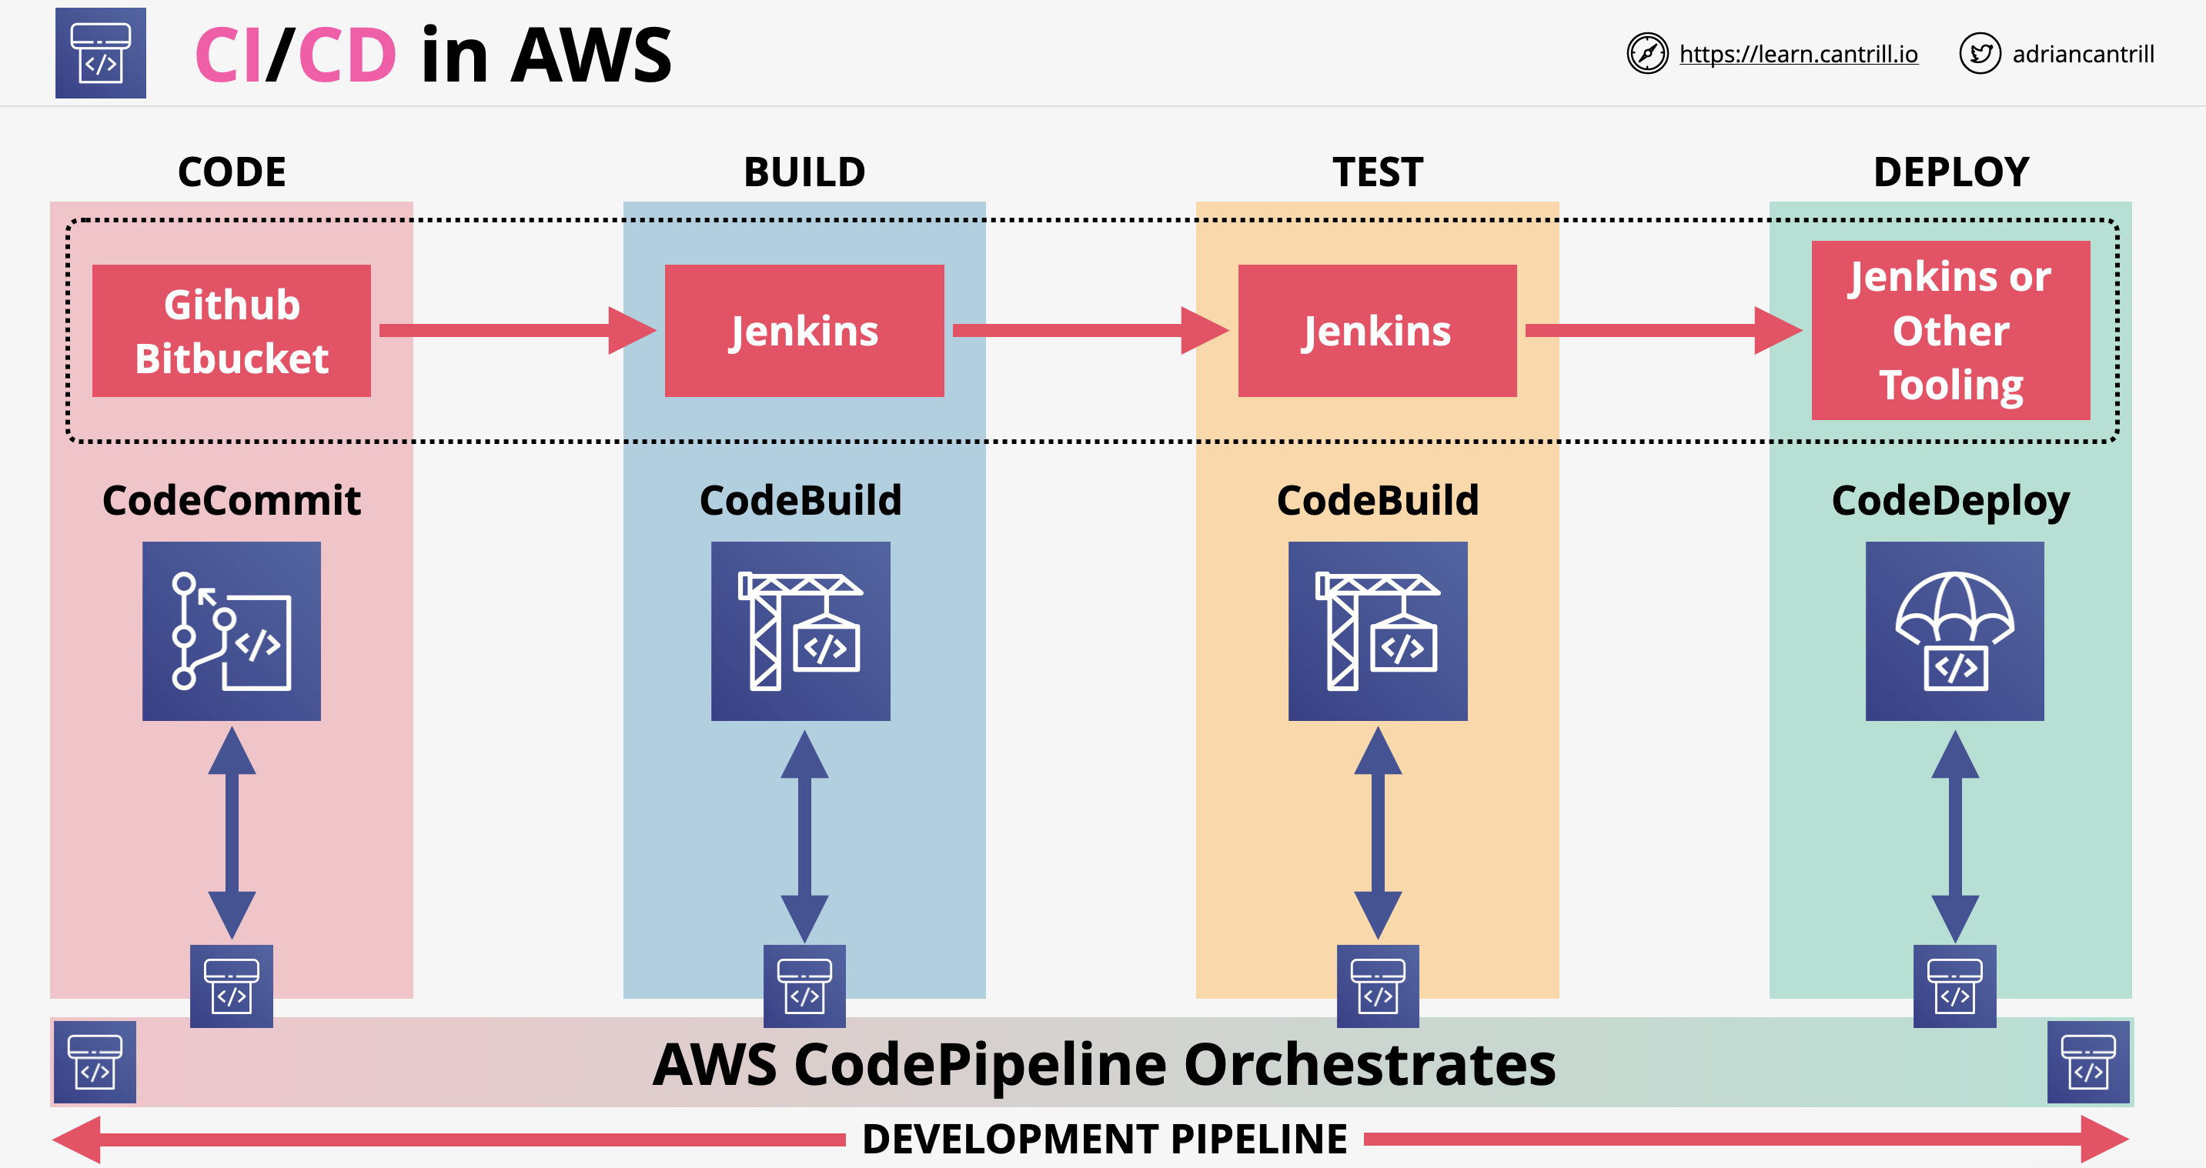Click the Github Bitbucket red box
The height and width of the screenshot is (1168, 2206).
(x=231, y=331)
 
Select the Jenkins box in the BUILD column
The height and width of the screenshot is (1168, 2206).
(x=804, y=331)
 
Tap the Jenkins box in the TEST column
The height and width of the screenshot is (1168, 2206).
(x=1377, y=331)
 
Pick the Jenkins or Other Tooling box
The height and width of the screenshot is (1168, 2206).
(x=1950, y=331)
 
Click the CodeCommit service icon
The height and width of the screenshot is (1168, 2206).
(x=231, y=631)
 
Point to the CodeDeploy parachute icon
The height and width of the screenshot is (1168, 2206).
(x=1954, y=631)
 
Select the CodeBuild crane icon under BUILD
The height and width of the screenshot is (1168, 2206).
(x=801, y=631)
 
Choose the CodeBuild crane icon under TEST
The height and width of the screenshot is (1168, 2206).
(x=1377, y=631)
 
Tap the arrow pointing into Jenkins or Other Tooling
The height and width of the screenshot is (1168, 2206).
(x=1661, y=331)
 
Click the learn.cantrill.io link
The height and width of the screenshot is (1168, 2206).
(x=1797, y=54)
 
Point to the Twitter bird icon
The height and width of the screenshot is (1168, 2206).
(x=1979, y=54)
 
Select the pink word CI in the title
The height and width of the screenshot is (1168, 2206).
(x=228, y=55)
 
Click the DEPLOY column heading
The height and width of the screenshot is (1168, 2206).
(x=1950, y=172)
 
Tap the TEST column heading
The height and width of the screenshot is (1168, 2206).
(x=1377, y=172)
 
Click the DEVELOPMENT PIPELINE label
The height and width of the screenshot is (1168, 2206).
(x=1104, y=1139)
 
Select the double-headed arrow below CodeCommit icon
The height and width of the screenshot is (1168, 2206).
(x=231, y=833)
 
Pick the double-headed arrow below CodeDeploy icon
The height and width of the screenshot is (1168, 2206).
(x=1954, y=835)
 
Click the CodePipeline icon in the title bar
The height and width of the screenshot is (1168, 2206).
(x=101, y=53)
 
